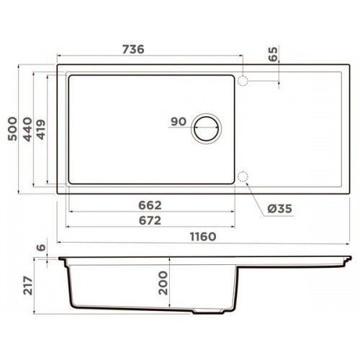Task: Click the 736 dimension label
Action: click(x=133, y=50)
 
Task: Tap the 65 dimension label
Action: click(x=273, y=54)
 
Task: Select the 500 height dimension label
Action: click(x=12, y=129)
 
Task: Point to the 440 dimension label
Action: click(x=27, y=129)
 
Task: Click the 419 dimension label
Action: click(x=41, y=130)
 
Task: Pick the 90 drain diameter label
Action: click(x=179, y=122)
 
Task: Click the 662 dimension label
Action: click(x=150, y=205)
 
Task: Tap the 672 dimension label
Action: click(x=150, y=220)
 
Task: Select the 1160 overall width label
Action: click(x=203, y=237)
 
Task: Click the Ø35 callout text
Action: click(x=280, y=209)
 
